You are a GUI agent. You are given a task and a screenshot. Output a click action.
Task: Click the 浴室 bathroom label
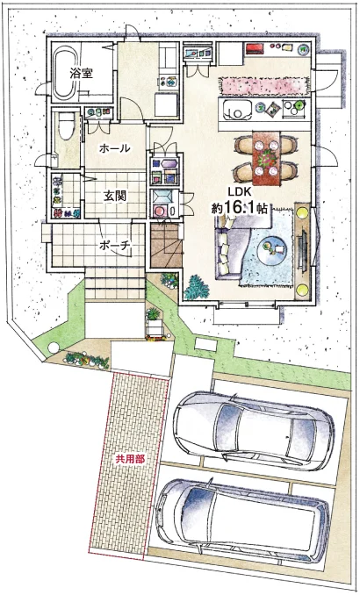[x=81, y=73]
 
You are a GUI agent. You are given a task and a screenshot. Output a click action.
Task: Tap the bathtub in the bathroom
[x=65, y=73]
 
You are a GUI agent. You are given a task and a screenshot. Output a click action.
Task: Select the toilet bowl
[x=67, y=128]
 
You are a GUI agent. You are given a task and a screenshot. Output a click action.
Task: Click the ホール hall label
[x=114, y=149]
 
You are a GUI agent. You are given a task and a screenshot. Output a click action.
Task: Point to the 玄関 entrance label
[x=115, y=196]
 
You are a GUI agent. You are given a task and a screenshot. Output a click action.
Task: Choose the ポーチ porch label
[x=115, y=245]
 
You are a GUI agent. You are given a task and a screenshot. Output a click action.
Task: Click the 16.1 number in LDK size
[x=238, y=208]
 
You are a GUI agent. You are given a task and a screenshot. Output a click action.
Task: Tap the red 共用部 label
[x=130, y=459]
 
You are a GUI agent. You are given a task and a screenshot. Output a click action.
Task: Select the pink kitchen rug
[x=263, y=85]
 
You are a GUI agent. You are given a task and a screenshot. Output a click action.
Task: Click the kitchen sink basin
[x=237, y=110]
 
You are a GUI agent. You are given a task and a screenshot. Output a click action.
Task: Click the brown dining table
[x=267, y=158]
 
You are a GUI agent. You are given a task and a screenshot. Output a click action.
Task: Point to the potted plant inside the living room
[x=197, y=287]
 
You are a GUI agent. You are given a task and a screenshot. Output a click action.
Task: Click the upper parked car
[x=253, y=430]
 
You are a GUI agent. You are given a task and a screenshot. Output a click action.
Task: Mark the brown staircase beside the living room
[x=166, y=246]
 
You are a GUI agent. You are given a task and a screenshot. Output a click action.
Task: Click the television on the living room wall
[x=304, y=250]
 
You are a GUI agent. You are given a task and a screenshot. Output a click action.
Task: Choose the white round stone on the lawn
[x=54, y=348]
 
